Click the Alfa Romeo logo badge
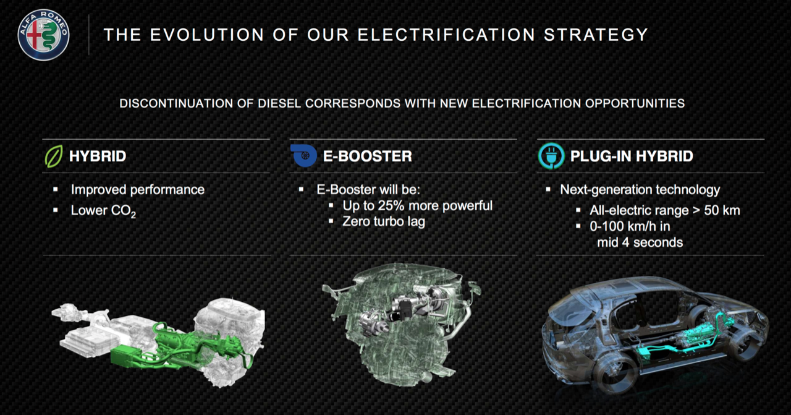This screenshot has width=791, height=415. (43, 35)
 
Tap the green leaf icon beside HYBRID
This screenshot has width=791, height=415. (54, 156)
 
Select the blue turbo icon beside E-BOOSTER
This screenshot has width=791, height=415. (304, 155)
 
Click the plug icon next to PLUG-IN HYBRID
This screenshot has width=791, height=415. (551, 156)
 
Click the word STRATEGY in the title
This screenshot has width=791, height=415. (596, 35)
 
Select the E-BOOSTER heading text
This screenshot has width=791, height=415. (367, 156)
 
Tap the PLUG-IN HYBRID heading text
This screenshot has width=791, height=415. (632, 156)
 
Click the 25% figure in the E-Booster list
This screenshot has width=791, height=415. (391, 205)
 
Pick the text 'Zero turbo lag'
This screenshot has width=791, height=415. (384, 221)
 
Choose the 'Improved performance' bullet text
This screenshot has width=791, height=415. (138, 190)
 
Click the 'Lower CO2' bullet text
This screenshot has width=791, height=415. (103, 211)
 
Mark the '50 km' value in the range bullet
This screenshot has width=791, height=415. (722, 210)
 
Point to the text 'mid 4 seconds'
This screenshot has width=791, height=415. (640, 242)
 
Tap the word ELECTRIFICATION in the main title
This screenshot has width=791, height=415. (446, 35)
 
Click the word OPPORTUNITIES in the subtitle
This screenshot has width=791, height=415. (635, 103)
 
